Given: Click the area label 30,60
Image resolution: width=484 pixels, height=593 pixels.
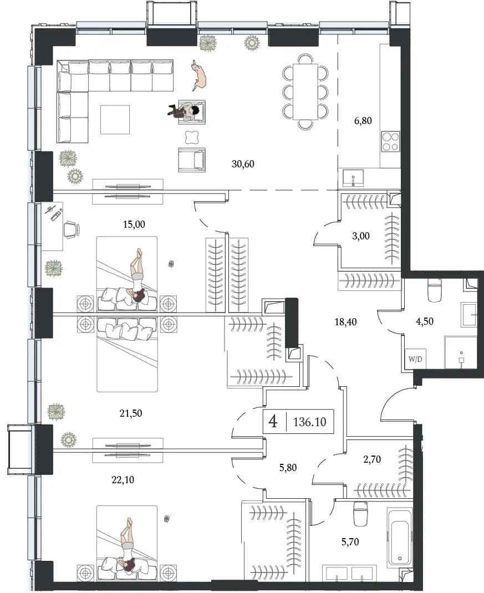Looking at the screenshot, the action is [243, 164].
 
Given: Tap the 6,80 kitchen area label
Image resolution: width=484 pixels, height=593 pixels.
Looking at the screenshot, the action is [363, 121].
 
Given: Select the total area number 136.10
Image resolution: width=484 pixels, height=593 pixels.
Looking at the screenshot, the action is [309, 422].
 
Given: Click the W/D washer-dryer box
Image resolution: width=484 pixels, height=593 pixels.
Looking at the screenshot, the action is [415, 359].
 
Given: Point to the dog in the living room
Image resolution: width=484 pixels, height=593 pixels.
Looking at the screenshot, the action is [199, 75].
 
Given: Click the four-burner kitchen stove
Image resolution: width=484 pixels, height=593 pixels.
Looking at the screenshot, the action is [390, 141].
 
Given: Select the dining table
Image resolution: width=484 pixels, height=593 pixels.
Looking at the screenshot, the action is [305, 91].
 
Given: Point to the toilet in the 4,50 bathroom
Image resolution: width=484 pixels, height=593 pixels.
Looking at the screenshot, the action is [435, 290].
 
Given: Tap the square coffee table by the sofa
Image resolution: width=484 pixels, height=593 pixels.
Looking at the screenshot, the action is [115, 120].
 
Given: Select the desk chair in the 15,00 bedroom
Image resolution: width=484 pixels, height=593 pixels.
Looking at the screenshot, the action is [72, 229].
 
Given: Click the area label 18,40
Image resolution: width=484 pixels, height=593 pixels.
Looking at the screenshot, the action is [345, 322].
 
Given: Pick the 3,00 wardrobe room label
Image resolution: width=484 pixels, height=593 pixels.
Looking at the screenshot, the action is [360, 236].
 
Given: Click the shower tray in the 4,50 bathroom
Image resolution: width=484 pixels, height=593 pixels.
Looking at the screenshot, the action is [461, 352].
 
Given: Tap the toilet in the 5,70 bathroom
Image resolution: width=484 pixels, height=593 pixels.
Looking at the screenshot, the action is [360, 514].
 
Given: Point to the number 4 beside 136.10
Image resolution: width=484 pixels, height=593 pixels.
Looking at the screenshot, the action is [272, 421].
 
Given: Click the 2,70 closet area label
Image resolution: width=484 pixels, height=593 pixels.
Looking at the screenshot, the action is [371, 459].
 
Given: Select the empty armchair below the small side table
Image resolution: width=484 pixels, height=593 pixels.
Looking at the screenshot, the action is [192, 160].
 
